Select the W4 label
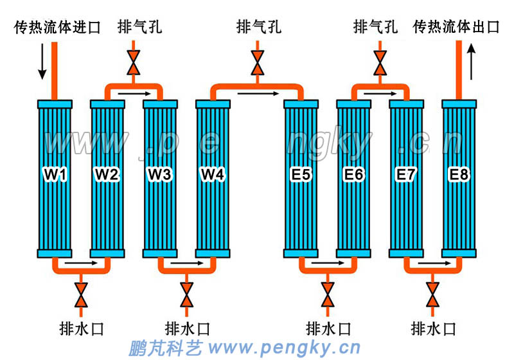pyautogui.click(x=213, y=174)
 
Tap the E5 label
pyautogui.click(x=301, y=174)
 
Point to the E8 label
pyautogui.click(x=459, y=174)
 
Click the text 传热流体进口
pyautogui.click(x=57, y=28)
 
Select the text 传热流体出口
pyautogui.click(x=456, y=28)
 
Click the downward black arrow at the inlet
pyautogui.click(x=42, y=61)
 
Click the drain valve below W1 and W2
pyautogui.click(x=81, y=294)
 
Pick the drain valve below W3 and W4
pyautogui.click(x=186, y=294)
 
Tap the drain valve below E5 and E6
pyautogui.click(x=328, y=294)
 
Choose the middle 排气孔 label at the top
pyautogui.click(x=258, y=28)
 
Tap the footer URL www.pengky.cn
pyautogui.click(x=285, y=348)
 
